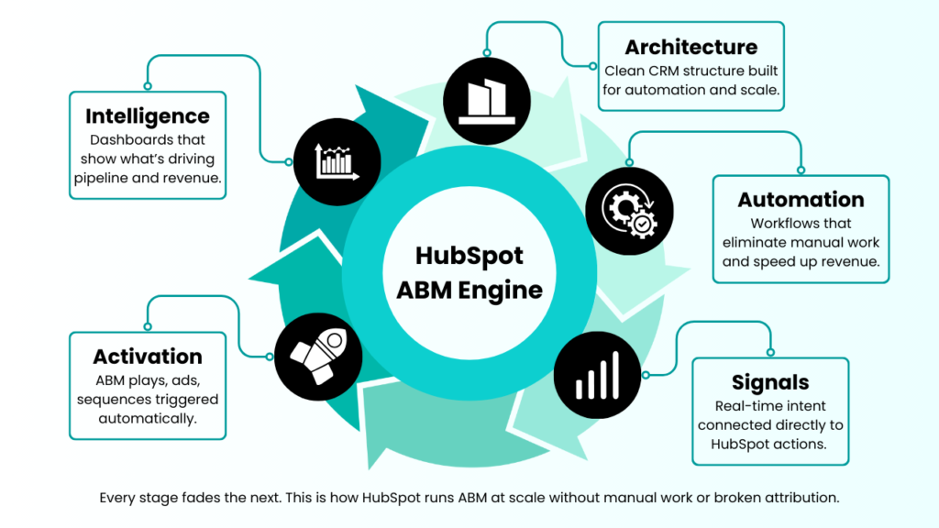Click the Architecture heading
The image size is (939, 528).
(691, 47)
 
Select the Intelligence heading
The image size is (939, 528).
(148, 116)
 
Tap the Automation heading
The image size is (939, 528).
(801, 199)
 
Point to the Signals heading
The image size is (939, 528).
(770, 382)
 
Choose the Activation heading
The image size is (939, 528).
(148, 357)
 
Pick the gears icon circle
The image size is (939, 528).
(626, 212)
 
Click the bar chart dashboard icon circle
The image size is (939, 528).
(337, 161)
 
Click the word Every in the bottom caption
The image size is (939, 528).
(117, 498)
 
